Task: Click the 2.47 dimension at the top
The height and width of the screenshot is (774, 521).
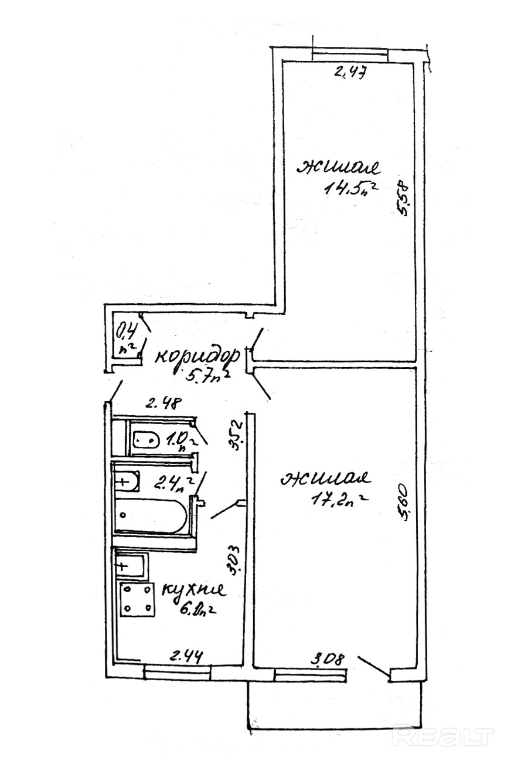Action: pos(350,73)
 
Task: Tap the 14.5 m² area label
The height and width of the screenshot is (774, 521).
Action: pos(348,189)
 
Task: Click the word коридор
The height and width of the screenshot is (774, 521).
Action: pos(196,355)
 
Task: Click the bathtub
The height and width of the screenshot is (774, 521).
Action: pos(151,515)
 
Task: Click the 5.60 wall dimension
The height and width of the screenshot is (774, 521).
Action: pos(404,505)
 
